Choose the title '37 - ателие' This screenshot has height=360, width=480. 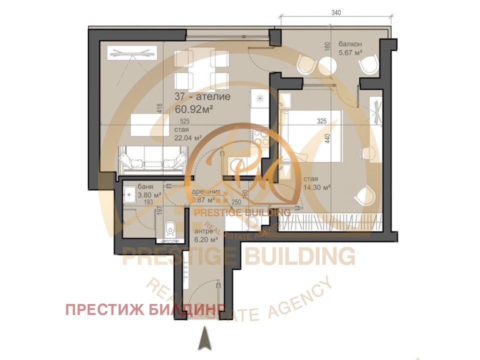pos(202,96)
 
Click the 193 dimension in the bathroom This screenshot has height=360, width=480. pos(148,202)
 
